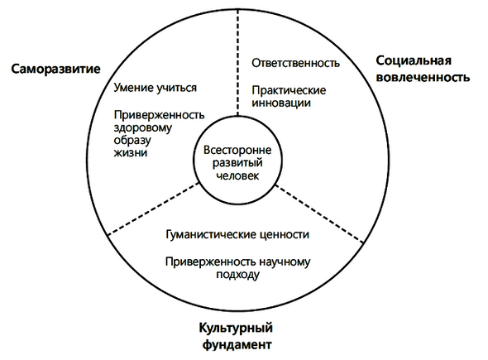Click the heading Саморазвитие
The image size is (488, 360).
tap(55, 69)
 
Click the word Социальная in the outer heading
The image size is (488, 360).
tap(414, 60)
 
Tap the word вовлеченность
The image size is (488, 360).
tap(423, 77)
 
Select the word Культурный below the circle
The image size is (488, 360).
tap(236, 329)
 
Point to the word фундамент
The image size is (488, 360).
tap(237, 345)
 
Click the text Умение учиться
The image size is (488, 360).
tap(155, 88)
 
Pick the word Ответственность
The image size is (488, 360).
tap(295, 63)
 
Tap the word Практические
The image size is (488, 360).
tap(289, 90)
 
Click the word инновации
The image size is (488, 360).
tap(281, 103)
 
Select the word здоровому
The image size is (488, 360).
tap(142, 128)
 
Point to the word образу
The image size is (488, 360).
tap(132, 140)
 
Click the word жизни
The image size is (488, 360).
tap(130, 153)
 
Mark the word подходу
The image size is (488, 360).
tap(237, 275)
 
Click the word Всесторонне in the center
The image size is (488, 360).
tap(237, 150)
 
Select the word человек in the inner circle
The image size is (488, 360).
tap(237, 175)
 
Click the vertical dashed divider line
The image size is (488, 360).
tap(237, 62)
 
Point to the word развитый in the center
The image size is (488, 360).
tap(237, 163)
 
